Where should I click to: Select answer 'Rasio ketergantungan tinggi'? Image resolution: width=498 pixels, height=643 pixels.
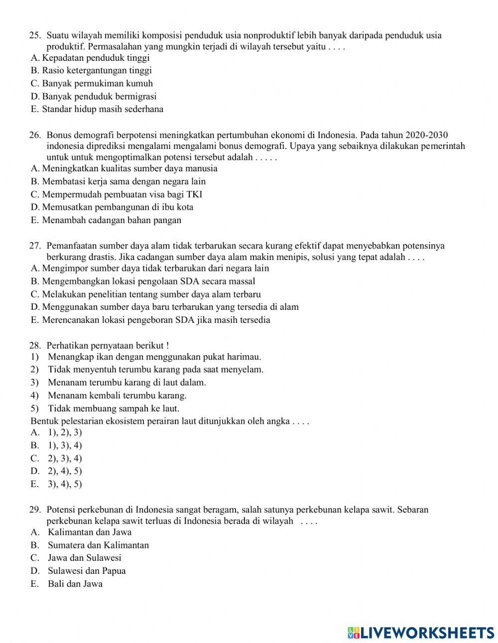tap(97, 71)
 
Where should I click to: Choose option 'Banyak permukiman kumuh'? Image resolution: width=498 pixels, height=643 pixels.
tap(97, 84)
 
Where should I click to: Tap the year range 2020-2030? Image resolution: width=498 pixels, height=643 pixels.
tap(427, 135)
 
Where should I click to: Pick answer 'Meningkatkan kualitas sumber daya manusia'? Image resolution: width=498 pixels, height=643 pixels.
tap(129, 168)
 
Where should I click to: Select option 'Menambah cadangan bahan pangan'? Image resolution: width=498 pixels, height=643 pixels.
tap(112, 220)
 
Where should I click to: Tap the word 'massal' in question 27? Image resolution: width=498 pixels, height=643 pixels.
tap(242, 281)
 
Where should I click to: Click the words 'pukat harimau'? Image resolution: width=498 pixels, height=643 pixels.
tap(234, 357)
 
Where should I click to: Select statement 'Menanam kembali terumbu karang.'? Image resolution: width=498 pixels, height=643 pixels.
tap(117, 395)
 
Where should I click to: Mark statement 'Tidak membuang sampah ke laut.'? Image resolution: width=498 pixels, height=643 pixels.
tap(114, 408)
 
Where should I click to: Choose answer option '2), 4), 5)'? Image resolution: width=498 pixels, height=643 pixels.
tap(65, 471)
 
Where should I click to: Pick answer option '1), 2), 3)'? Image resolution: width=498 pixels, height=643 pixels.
tap(65, 432)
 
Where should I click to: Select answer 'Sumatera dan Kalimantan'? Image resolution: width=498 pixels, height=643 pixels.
tap(98, 545)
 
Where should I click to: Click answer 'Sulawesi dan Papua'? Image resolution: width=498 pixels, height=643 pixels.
tap(87, 571)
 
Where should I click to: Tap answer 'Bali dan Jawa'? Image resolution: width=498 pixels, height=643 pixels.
tap(75, 584)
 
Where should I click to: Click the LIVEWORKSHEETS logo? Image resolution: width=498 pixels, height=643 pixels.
tap(421, 633)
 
